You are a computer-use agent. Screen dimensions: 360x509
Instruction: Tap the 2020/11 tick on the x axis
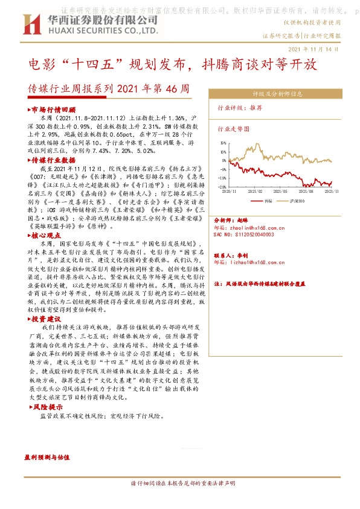point(230,190)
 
